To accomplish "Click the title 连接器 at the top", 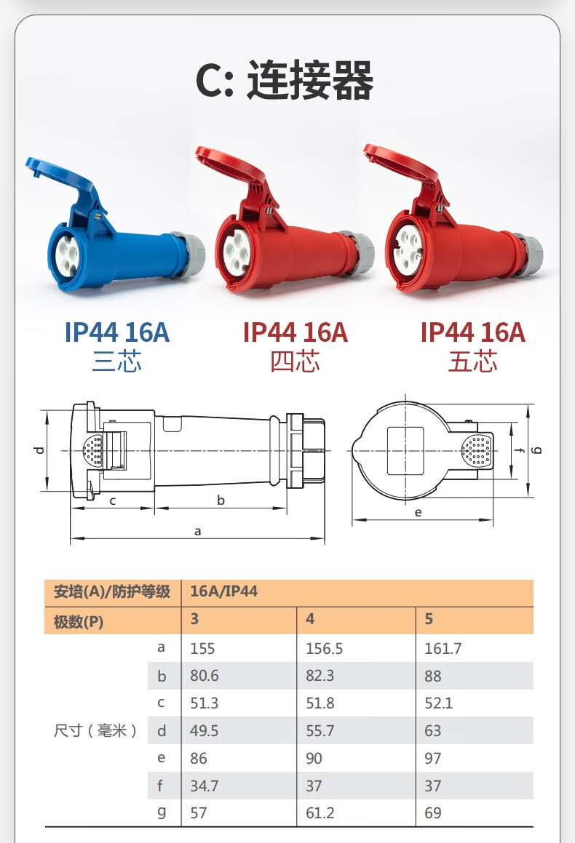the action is pos(310,80).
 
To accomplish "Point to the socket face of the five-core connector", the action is pos(408,248).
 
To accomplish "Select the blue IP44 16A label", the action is pos(116,332).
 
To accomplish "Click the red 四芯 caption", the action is pos(295,361).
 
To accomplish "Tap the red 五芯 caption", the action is pos(473,361).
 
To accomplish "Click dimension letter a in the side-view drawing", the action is pos(197,532).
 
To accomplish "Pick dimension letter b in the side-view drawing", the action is pos(221,500).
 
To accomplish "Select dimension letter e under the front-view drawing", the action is pos(419,512).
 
